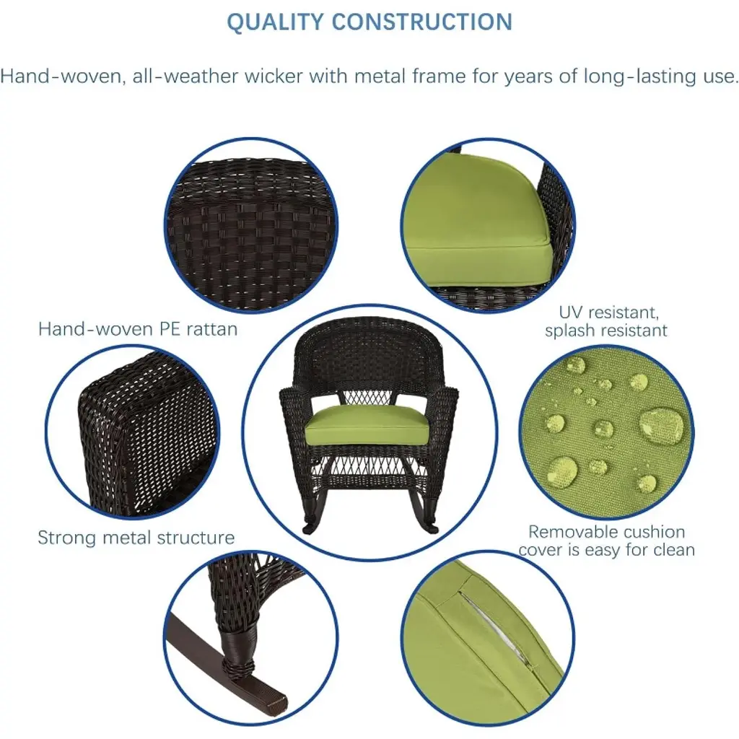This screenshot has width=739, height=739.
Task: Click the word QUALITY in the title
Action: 275,22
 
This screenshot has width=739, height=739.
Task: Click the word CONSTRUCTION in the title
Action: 422,22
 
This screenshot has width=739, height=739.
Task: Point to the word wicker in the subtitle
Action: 274,76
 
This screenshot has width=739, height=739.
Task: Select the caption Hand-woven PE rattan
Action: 138,329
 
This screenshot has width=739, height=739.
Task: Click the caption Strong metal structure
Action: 136,537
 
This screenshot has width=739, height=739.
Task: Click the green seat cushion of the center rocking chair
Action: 367,424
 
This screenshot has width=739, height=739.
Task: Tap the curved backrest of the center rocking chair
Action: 369,351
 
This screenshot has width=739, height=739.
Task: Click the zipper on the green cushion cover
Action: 498,629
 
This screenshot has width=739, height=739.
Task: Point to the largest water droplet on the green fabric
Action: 661,424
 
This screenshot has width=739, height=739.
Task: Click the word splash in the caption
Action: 570,330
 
